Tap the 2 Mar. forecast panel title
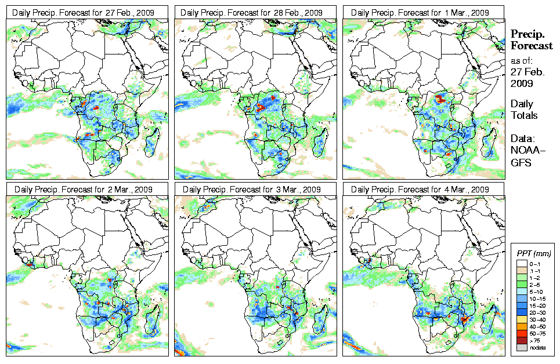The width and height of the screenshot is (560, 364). [x=85, y=190]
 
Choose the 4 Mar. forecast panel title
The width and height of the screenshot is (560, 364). [x=422, y=190]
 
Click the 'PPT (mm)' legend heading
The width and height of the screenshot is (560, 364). [x=533, y=253]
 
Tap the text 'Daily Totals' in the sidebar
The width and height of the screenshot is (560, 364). [x=524, y=110]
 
